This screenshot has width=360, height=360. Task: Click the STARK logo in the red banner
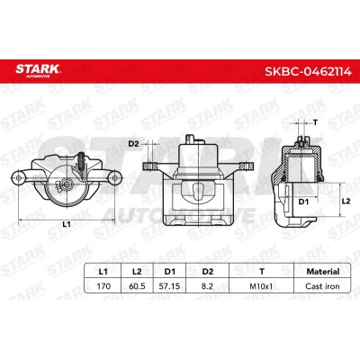click(x=38, y=70)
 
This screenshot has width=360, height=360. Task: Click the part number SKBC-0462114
click(x=308, y=71)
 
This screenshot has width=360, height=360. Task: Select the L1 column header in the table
click(x=103, y=272)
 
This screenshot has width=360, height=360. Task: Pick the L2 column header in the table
click(x=137, y=272)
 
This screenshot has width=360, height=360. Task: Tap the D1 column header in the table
click(x=169, y=272)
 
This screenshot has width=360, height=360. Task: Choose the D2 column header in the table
click(x=208, y=272)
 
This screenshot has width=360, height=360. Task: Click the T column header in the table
click(x=262, y=272)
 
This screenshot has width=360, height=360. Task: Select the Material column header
click(x=323, y=272)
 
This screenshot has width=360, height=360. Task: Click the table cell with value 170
click(x=103, y=286)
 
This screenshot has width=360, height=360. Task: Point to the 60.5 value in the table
click(x=137, y=286)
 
